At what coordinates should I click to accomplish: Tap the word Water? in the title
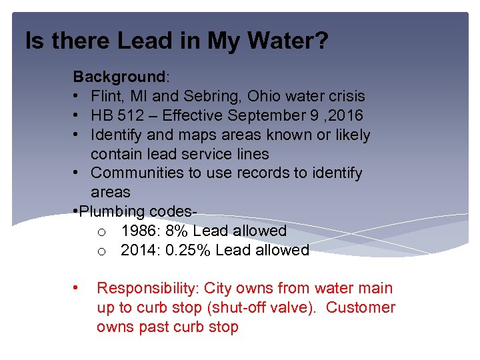(x=292, y=42)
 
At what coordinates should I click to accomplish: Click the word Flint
(x=108, y=97)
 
